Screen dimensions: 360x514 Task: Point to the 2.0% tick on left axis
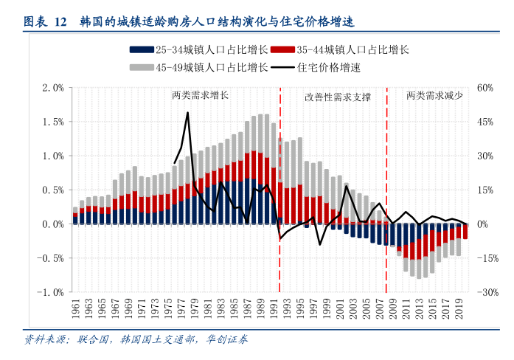pyautogui.click(x=54, y=88)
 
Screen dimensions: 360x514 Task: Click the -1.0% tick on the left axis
pyautogui.click(x=52, y=292)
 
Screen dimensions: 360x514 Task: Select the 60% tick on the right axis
pyautogui.click(x=484, y=88)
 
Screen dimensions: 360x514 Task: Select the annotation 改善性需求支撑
pyautogui.click(x=338, y=97)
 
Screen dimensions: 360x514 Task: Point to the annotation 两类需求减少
pyautogui.click(x=434, y=96)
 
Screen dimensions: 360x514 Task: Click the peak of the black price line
pyautogui.click(x=188, y=113)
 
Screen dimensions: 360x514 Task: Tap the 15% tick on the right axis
pyautogui.click(x=484, y=190)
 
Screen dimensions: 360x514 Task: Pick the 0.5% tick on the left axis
pyautogui.click(x=54, y=190)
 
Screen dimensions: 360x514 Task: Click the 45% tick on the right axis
pyautogui.click(x=484, y=122)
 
